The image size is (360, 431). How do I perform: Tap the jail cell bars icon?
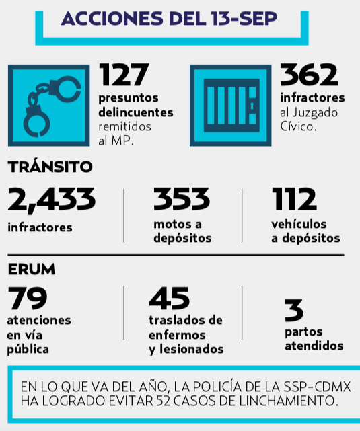(x=231, y=106)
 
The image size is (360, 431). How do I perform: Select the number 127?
(x=124, y=74)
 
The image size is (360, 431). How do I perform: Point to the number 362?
(x=309, y=75)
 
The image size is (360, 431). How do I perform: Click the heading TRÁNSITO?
(x=50, y=167)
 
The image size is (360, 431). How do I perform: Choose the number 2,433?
(x=52, y=200)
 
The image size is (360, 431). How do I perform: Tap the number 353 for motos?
(x=182, y=198)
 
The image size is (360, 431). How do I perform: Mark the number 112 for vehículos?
(x=294, y=198)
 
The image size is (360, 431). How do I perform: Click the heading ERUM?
(x=32, y=269)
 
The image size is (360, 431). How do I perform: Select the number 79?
(x=28, y=298)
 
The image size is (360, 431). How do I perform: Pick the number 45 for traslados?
(x=169, y=298)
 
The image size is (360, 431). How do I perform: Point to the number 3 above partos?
(x=294, y=310)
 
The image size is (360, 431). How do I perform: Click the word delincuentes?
(x=136, y=112)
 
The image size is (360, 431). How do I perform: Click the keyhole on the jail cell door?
(x=252, y=106)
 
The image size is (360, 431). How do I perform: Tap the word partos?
(x=303, y=332)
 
